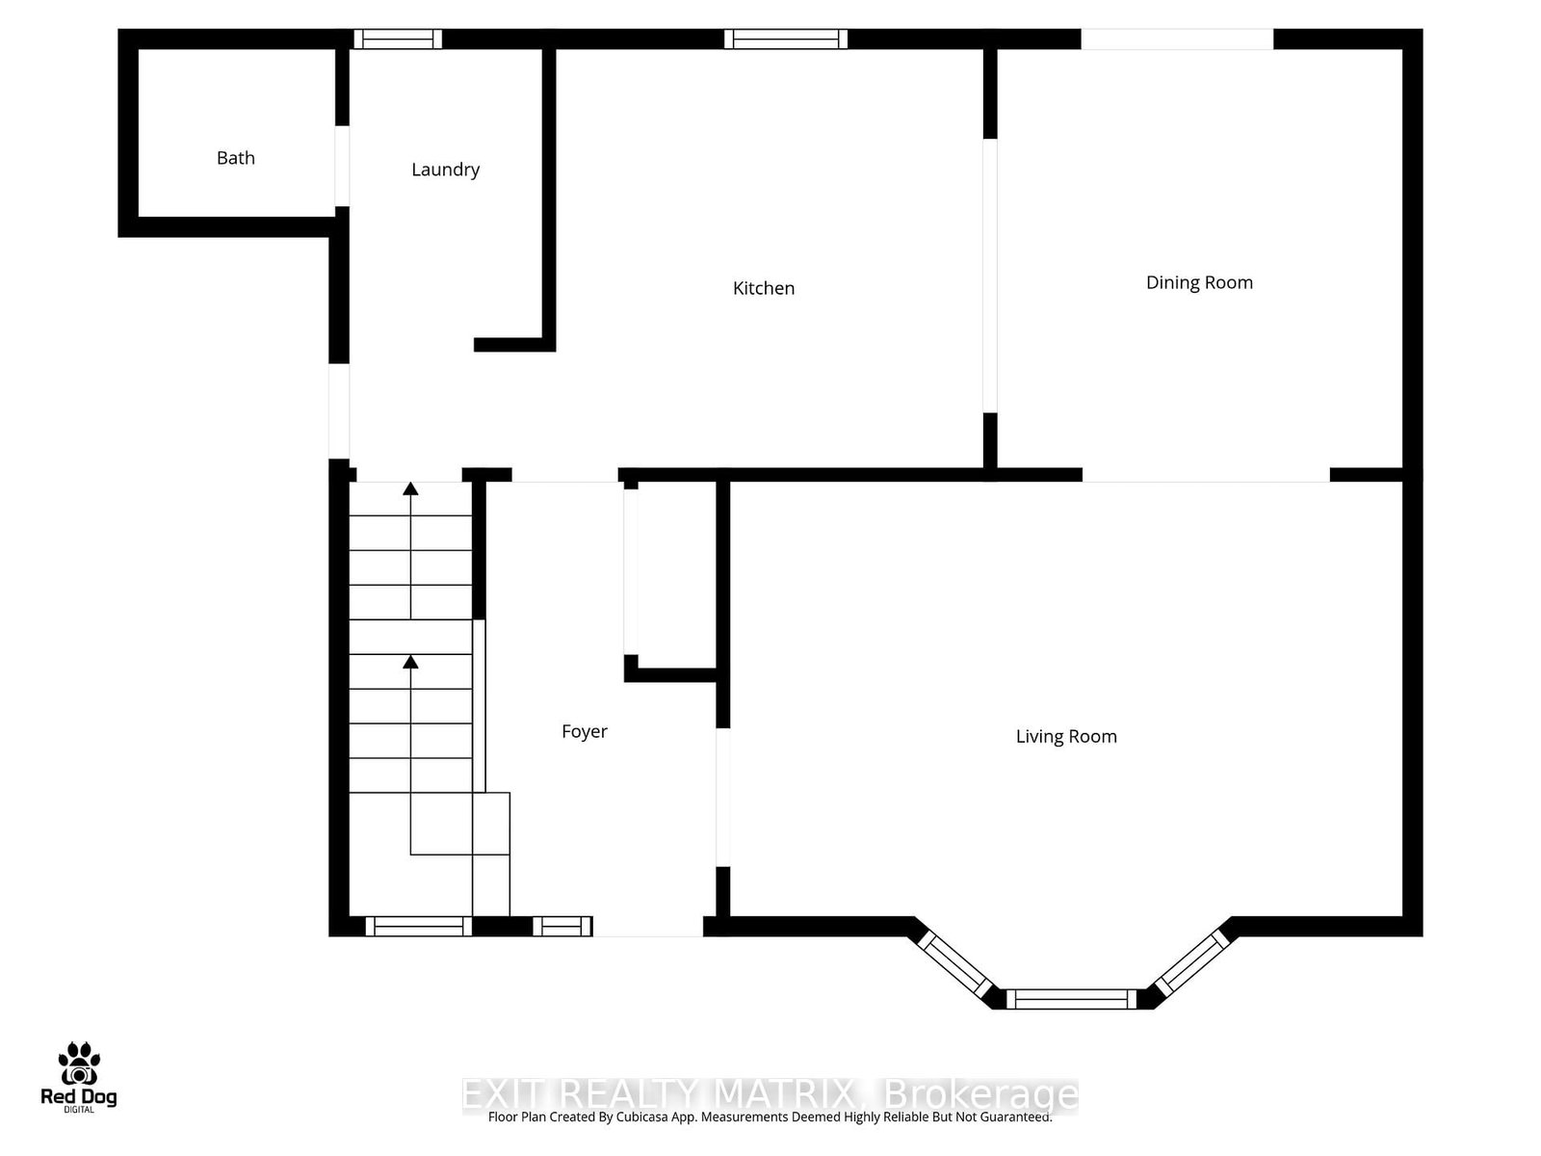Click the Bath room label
pos(236,158)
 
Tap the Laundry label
pos(445,170)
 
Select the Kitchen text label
pos(764,288)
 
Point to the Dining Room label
pos(1199,282)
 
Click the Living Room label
pos(1066,737)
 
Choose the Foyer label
pos(585,731)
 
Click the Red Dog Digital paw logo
pos(79,1064)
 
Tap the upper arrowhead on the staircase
pos(411,488)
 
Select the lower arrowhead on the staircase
pos(411,661)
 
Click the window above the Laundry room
pos(398,39)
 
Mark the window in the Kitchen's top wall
pos(786,39)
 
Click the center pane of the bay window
pos(1071,999)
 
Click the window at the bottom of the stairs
pos(419,927)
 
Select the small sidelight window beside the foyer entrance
pos(562,927)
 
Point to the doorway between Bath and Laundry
pos(342,166)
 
